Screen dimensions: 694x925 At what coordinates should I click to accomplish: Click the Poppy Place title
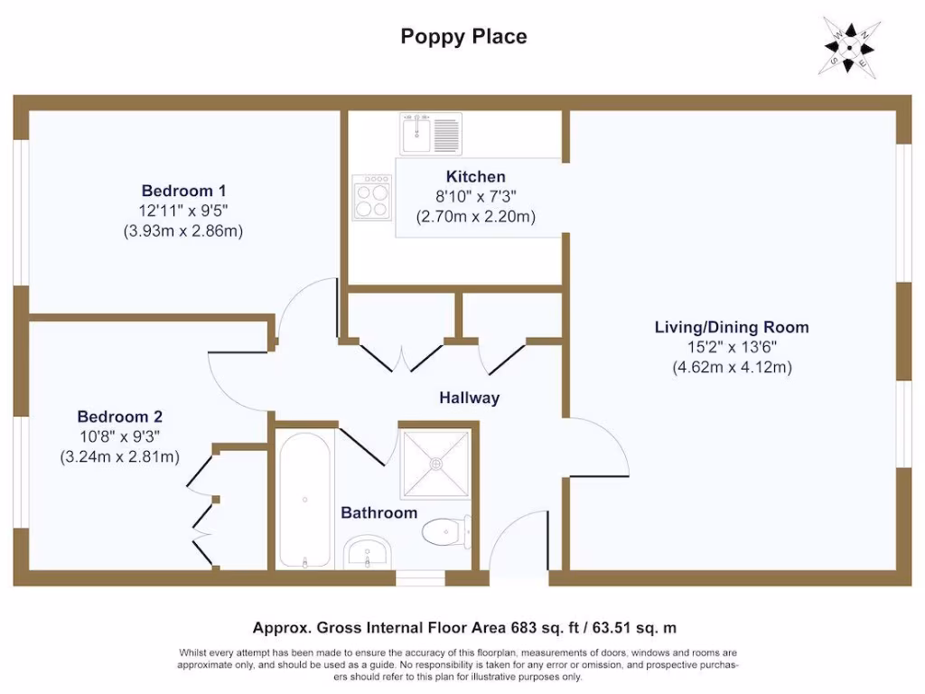point(463,37)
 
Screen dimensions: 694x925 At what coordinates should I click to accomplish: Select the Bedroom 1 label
point(183,191)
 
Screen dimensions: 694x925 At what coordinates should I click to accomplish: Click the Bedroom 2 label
point(119,417)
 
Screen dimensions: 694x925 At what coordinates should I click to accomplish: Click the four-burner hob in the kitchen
point(373,198)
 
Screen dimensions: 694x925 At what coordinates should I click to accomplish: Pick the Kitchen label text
point(475,176)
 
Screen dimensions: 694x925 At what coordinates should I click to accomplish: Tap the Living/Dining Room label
point(732,327)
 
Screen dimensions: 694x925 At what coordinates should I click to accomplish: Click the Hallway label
point(469,398)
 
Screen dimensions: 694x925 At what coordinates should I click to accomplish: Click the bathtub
point(305,500)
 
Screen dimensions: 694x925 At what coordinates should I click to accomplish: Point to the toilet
point(446,531)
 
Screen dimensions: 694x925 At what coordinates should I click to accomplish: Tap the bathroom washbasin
point(367,550)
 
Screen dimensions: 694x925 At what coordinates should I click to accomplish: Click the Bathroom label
point(378,512)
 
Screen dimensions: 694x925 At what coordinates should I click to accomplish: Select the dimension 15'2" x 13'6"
point(732,347)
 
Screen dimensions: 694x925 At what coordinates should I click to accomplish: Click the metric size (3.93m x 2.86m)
point(183,230)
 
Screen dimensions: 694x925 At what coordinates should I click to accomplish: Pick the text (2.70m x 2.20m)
point(475,217)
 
